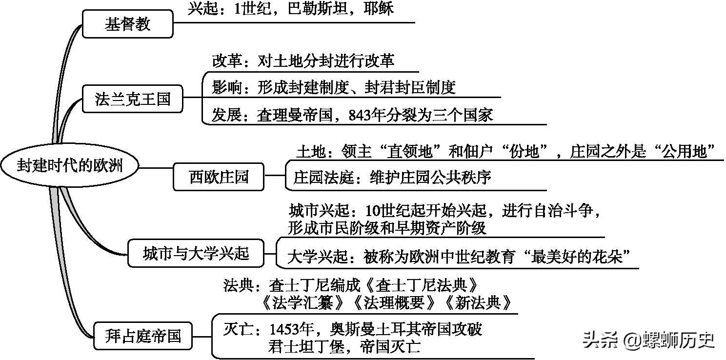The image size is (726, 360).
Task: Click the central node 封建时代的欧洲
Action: click(x=70, y=165)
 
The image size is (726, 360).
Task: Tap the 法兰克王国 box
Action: click(x=132, y=99)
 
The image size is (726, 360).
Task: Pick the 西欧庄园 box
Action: click(x=219, y=177)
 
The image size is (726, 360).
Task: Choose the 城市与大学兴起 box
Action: click(x=196, y=253)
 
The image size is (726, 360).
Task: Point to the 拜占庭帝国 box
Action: click(x=143, y=336)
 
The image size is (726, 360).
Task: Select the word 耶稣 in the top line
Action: click(x=379, y=8)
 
